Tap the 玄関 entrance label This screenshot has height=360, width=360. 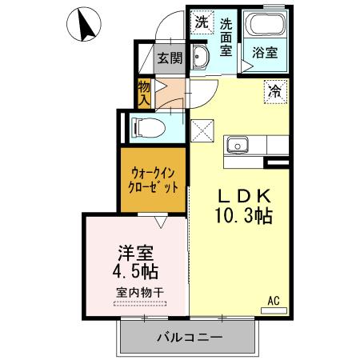pyautogui.click(x=169, y=58)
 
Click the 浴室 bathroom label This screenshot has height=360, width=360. pyautogui.click(x=265, y=53)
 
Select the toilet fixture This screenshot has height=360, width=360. pyautogui.click(x=147, y=126)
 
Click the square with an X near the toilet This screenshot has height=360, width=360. pyautogui.click(x=202, y=127)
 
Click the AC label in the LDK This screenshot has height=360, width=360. pyautogui.click(x=273, y=301)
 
